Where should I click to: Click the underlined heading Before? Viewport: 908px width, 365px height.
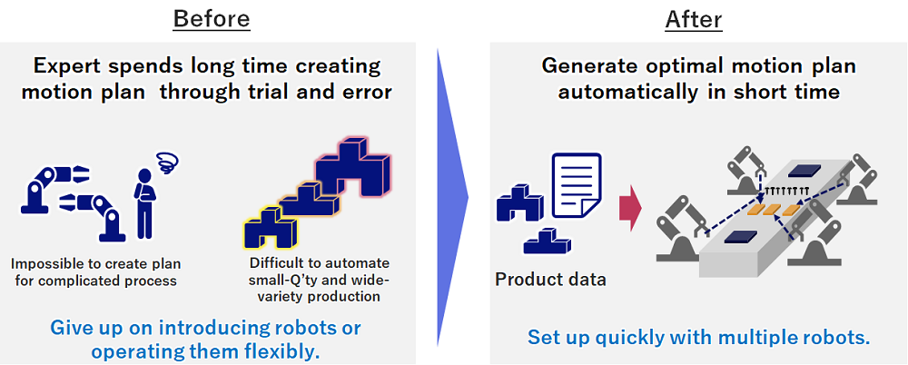(x=212, y=20)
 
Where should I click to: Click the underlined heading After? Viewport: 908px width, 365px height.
(x=693, y=20)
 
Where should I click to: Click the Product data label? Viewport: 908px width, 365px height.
(x=550, y=280)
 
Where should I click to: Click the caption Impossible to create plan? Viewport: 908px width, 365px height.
(x=96, y=264)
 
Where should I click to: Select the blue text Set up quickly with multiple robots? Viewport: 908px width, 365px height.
(x=699, y=337)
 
